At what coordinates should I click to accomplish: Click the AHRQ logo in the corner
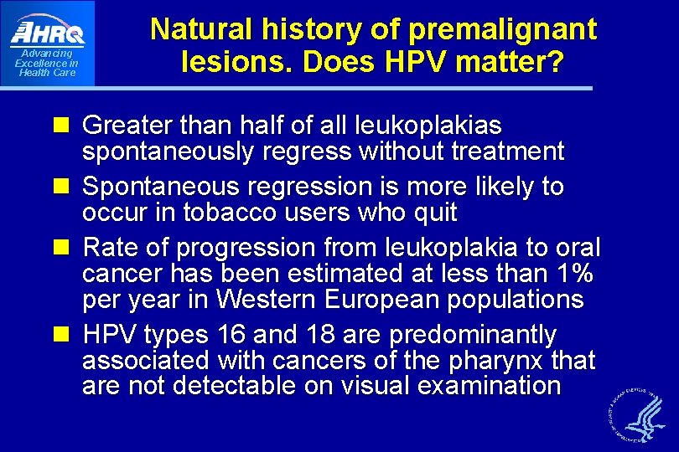[48, 44]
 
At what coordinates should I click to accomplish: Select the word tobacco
[199, 213]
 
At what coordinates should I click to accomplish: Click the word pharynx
[486, 361]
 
